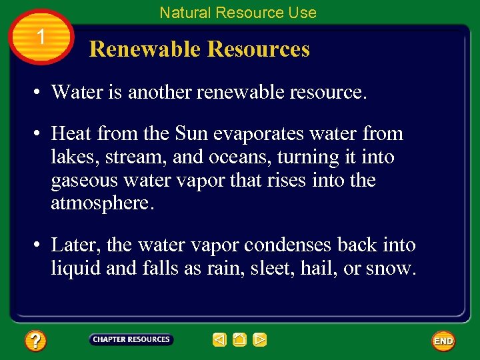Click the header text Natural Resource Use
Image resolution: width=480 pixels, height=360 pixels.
click(x=238, y=13)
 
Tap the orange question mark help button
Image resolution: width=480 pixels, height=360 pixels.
click(x=35, y=341)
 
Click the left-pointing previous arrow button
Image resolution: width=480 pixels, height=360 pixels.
click(x=219, y=340)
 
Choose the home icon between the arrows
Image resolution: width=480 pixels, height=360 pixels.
click(x=239, y=340)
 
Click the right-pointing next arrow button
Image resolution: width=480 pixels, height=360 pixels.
click(x=260, y=340)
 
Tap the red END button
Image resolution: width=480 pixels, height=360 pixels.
click(x=443, y=341)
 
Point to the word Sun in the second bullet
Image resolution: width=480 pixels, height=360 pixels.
click(x=192, y=134)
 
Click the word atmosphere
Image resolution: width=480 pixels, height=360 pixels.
click(x=102, y=203)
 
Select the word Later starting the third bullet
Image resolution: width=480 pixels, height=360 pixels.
click(x=74, y=245)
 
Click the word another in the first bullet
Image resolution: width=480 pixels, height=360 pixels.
click(x=158, y=92)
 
